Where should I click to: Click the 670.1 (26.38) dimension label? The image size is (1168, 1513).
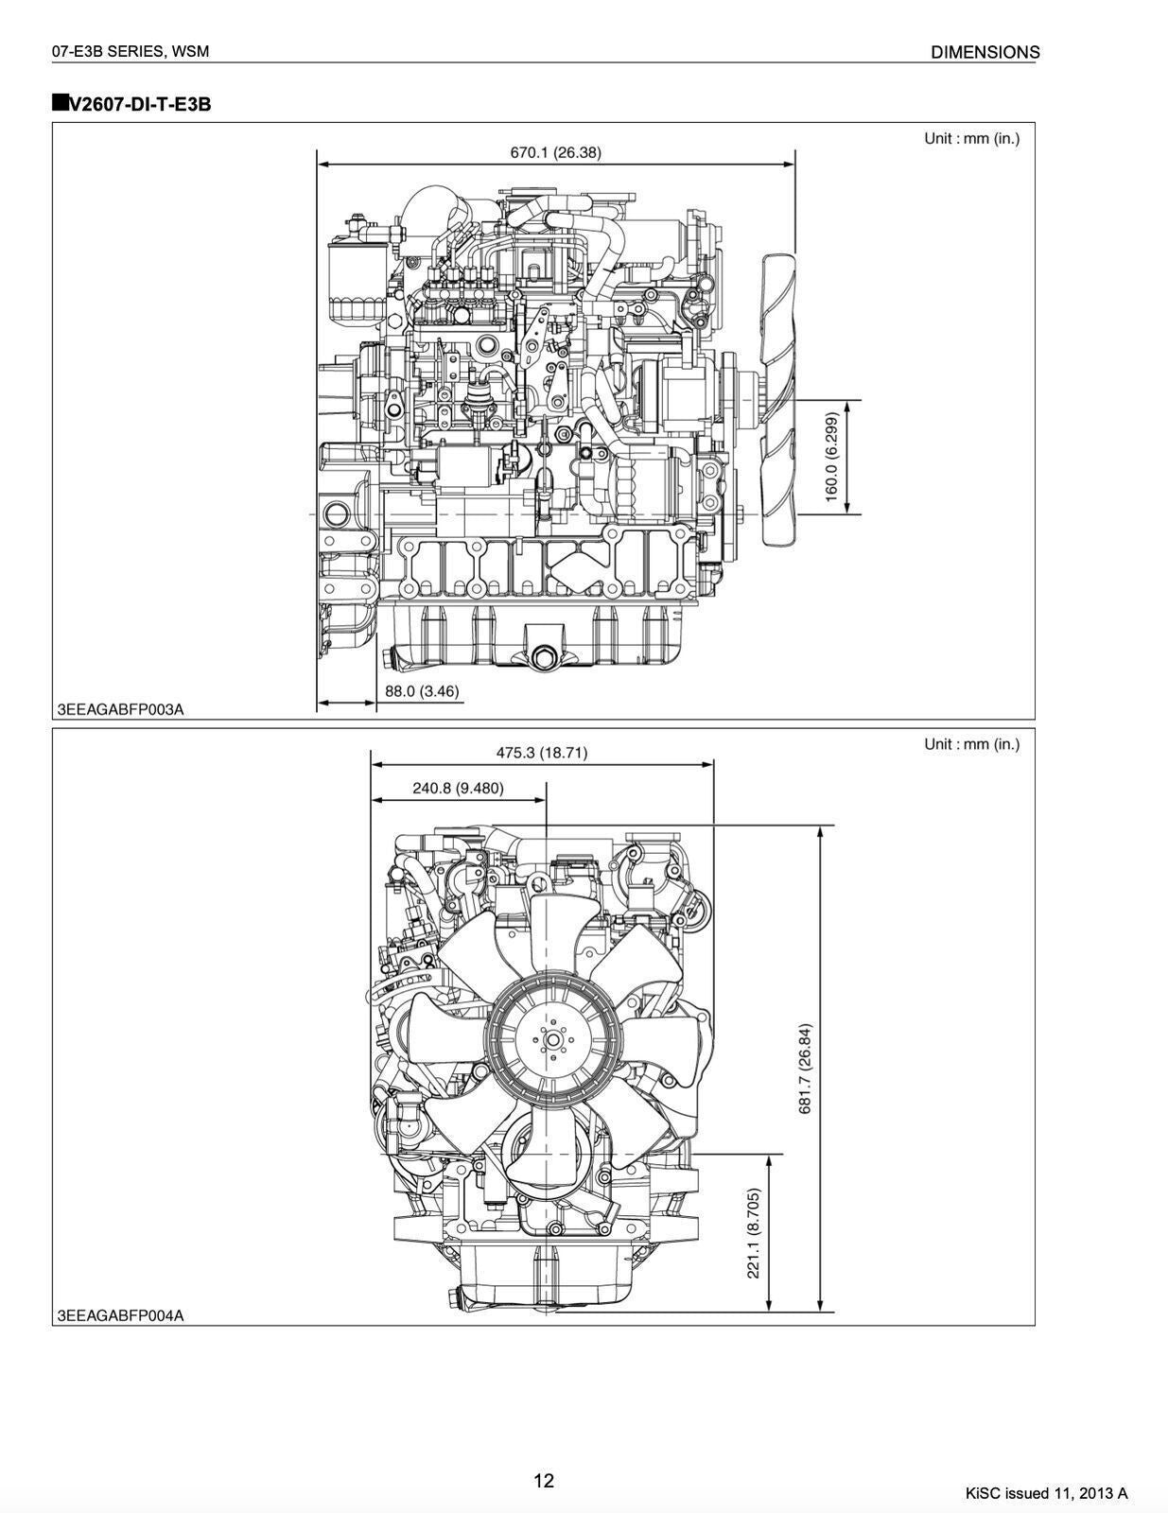point(555,151)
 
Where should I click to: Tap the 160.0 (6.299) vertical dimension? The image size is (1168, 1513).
point(832,457)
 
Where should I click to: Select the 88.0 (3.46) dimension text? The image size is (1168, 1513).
point(422,691)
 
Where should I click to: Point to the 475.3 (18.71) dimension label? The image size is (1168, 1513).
point(541,753)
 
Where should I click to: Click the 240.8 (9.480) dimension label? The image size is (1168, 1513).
point(458,788)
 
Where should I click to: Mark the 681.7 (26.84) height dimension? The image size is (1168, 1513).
point(805,1069)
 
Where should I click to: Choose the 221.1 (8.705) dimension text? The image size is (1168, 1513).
point(754,1233)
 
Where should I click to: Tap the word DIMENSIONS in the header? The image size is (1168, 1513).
point(985,53)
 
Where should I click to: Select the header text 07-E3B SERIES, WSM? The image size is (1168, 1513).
point(131,52)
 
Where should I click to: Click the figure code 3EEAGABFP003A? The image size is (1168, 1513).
point(121,709)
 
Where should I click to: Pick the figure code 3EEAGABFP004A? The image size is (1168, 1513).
point(121,1315)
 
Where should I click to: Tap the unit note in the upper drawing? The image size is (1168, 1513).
point(971,138)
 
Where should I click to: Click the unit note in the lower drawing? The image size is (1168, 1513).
point(971,744)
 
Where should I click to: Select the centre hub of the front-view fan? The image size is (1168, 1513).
point(551,1041)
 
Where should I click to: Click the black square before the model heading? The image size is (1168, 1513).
point(60,102)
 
